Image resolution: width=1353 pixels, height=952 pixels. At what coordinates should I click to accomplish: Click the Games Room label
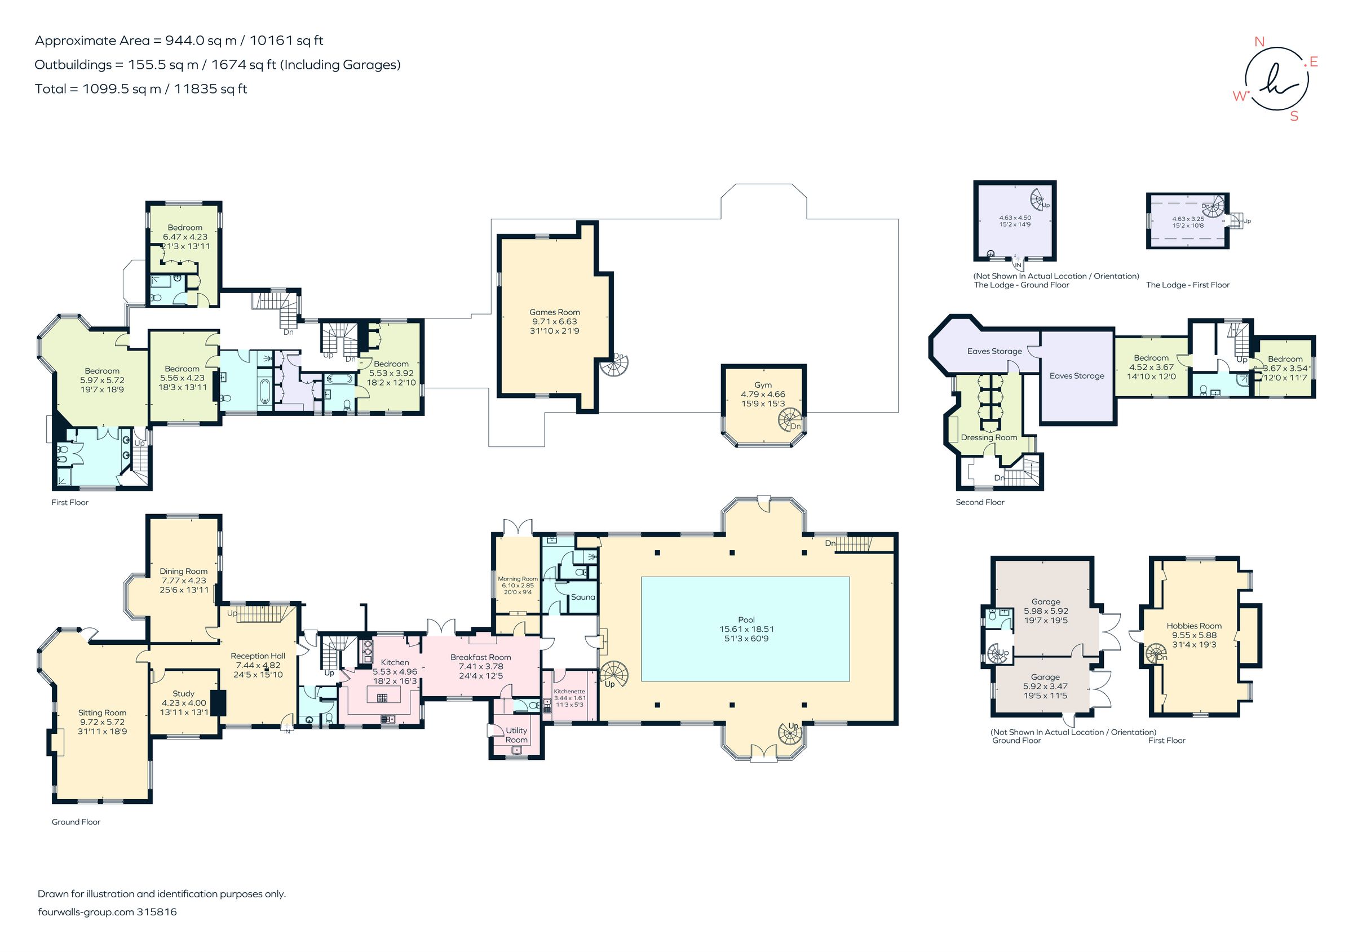[555, 312]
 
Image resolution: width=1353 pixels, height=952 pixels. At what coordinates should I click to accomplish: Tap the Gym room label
[763, 384]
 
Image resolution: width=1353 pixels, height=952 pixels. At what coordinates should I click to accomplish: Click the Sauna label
[583, 597]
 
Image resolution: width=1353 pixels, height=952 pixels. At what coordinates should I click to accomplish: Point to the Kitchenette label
[569, 691]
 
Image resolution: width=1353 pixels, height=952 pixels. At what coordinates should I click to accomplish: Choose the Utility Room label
[516, 735]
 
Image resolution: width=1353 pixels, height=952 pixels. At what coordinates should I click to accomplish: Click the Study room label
[183, 693]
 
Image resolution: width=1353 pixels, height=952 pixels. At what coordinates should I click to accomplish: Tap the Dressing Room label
[989, 438]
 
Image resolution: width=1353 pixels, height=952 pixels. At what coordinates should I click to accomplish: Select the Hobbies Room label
[1194, 626]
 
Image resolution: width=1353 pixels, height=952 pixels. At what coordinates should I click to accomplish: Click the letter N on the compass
[1259, 41]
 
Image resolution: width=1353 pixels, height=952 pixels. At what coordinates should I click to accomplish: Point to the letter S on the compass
[1294, 116]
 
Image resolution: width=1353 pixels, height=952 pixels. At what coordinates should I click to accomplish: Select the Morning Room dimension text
[518, 588]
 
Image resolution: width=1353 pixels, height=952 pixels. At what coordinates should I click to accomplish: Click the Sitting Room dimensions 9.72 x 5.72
[102, 721]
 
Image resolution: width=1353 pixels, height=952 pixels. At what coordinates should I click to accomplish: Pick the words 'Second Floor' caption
[980, 502]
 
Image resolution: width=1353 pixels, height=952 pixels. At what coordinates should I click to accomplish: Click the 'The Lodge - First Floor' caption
[1187, 285]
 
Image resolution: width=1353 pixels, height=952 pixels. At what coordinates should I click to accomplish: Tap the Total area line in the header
[141, 89]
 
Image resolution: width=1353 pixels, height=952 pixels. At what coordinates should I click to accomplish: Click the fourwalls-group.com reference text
[107, 911]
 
